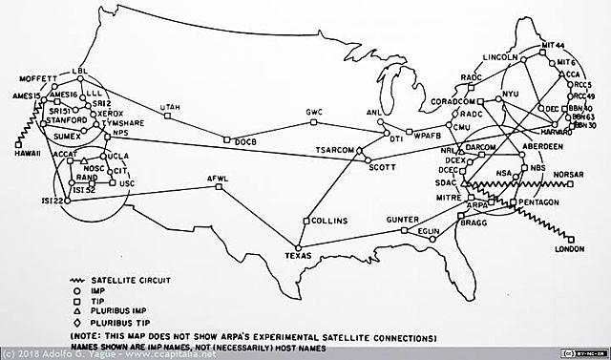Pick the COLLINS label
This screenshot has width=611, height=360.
coord(329,221)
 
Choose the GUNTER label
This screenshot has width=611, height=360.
coord(403,220)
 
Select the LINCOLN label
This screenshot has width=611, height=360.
coord(501,58)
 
